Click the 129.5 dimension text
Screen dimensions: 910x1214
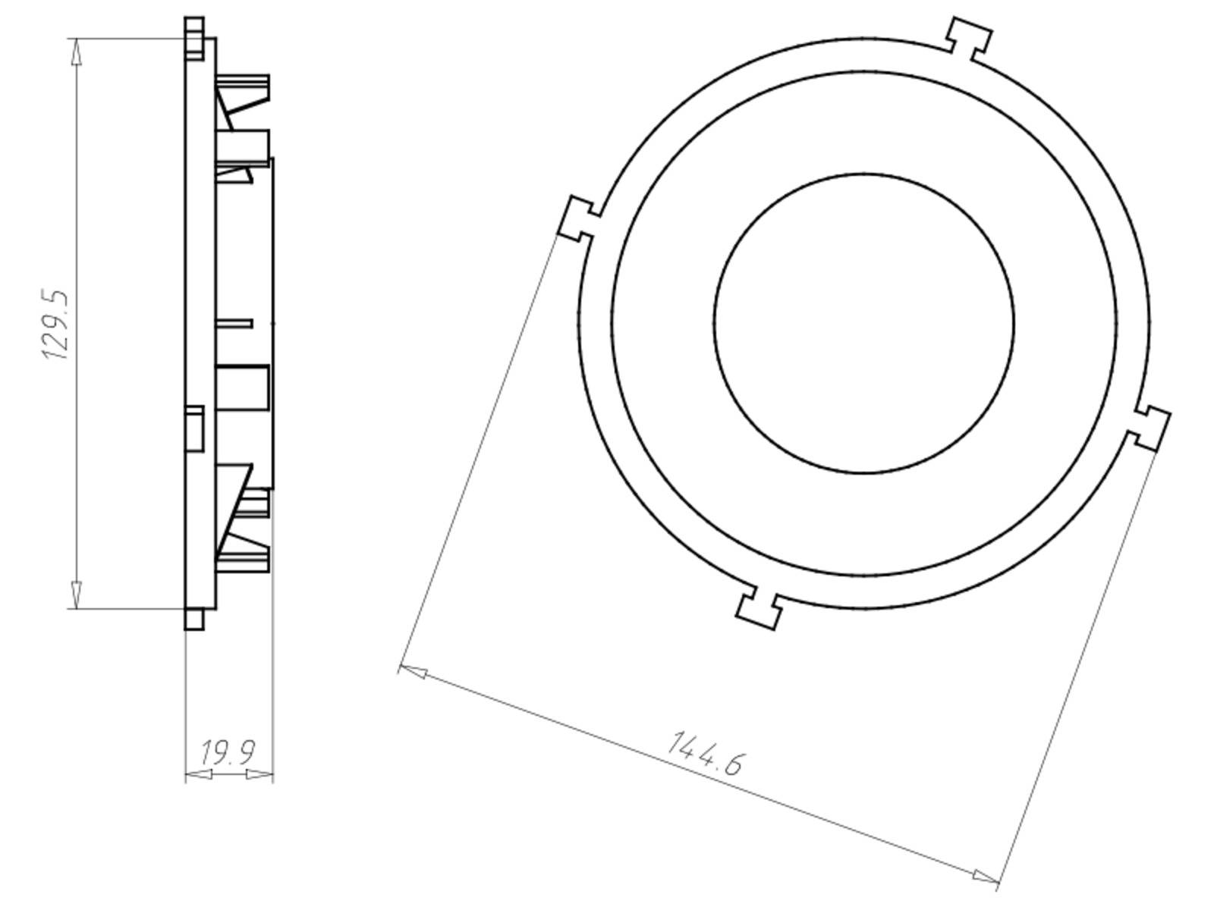[x=57, y=324]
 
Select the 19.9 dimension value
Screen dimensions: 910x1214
[x=227, y=753]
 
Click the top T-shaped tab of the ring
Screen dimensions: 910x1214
[x=969, y=37]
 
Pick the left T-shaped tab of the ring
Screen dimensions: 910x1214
[x=578, y=219]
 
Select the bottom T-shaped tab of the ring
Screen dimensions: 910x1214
[x=758, y=606]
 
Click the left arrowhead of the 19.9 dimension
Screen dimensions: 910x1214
[x=198, y=774]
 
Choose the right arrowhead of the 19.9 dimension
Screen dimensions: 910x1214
[x=260, y=774]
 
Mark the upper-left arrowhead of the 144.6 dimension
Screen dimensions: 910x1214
[x=412, y=672]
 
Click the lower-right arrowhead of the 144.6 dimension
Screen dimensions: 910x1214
[x=986, y=877]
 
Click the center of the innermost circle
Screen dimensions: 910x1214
[x=864, y=323]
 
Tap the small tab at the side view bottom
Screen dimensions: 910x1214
[x=194, y=619]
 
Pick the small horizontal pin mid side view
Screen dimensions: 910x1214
[x=234, y=324]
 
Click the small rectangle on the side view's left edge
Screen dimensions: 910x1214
[x=194, y=428]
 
